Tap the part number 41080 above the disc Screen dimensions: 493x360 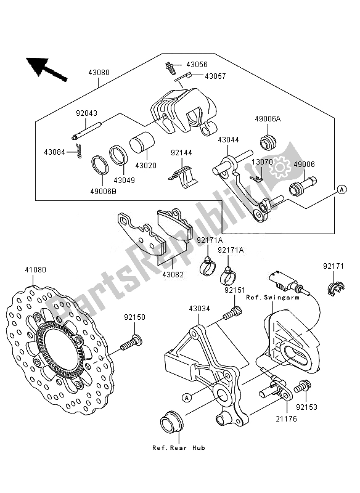point(36,269)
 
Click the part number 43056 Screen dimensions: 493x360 point(196,64)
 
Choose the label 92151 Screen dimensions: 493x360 point(234,289)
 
